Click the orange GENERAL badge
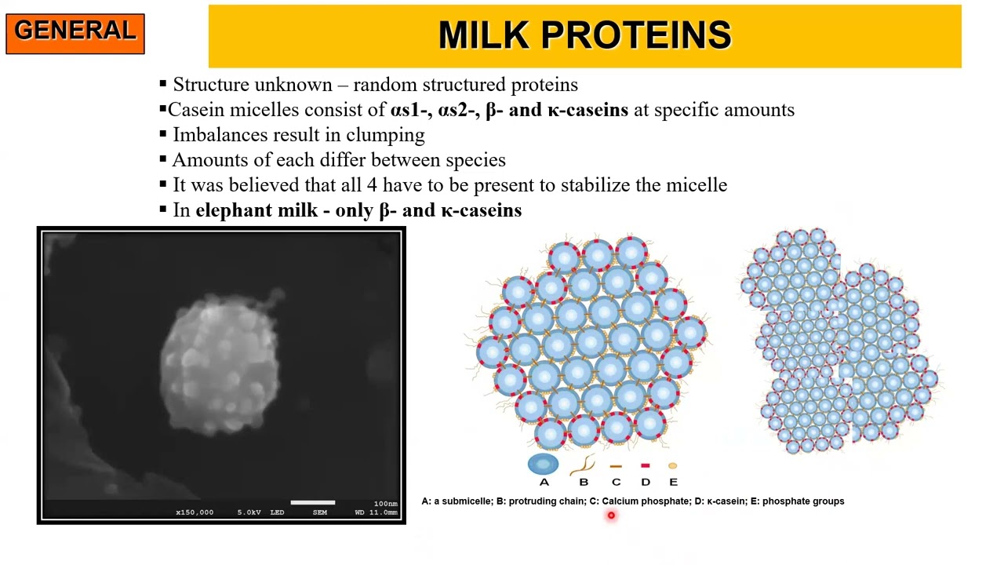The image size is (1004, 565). pyautogui.click(x=75, y=32)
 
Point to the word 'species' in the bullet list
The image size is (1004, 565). pyautogui.click(x=475, y=160)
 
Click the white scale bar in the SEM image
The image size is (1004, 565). pyautogui.click(x=312, y=502)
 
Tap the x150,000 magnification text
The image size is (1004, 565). pyautogui.click(x=195, y=512)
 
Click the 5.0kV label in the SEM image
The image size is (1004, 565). pyautogui.click(x=249, y=512)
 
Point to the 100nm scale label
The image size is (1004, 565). pyautogui.click(x=385, y=504)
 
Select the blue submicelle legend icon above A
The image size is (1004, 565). pyautogui.click(x=544, y=465)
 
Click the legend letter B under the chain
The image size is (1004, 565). pyautogui.click(x=584, y=482)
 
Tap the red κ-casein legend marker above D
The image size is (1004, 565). pyautogui.click(x=645, y=465)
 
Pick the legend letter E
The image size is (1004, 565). pyautogui.click(x=673, y=482)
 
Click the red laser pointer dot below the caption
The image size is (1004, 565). pyautogui.click(x=611, y=516)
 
